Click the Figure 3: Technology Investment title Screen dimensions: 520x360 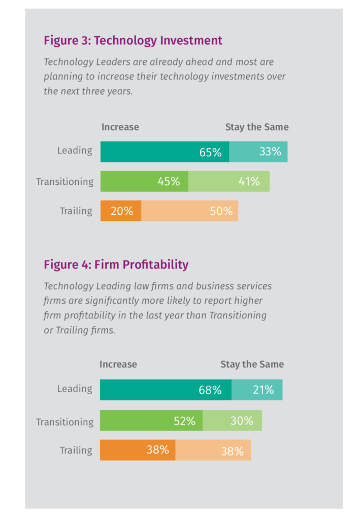click(x=133, y=41)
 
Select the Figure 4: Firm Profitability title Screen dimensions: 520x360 click(x=116, y=265)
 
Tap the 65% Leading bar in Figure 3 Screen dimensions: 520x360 click(x=165, y=152)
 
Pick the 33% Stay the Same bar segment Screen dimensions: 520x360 click(x=258, y=152)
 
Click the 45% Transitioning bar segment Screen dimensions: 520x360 click(x=144, y=181)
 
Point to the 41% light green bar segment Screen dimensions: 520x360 click(x=229, y=181)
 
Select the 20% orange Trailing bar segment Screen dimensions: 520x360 click(x=121, y=211)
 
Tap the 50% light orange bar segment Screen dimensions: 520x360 click(x=189, y=211)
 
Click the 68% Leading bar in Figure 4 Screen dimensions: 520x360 click(x=166, y=389)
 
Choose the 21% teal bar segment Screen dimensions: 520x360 click(x=257, y=389)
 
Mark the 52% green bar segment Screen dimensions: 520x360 click(x=151, y=420)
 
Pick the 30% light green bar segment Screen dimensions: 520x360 click(x=232, y=420)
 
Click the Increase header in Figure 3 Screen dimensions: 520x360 click(x=120, y=127)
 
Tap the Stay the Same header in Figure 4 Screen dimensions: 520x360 click(x=252, y=364)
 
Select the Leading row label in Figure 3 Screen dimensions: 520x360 click(x=75, y=150)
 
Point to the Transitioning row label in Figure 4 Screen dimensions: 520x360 click(x=64, y=421)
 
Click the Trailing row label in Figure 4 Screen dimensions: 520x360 click(x=76, y=450)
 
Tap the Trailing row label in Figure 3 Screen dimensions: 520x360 click(x=76, y=211)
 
